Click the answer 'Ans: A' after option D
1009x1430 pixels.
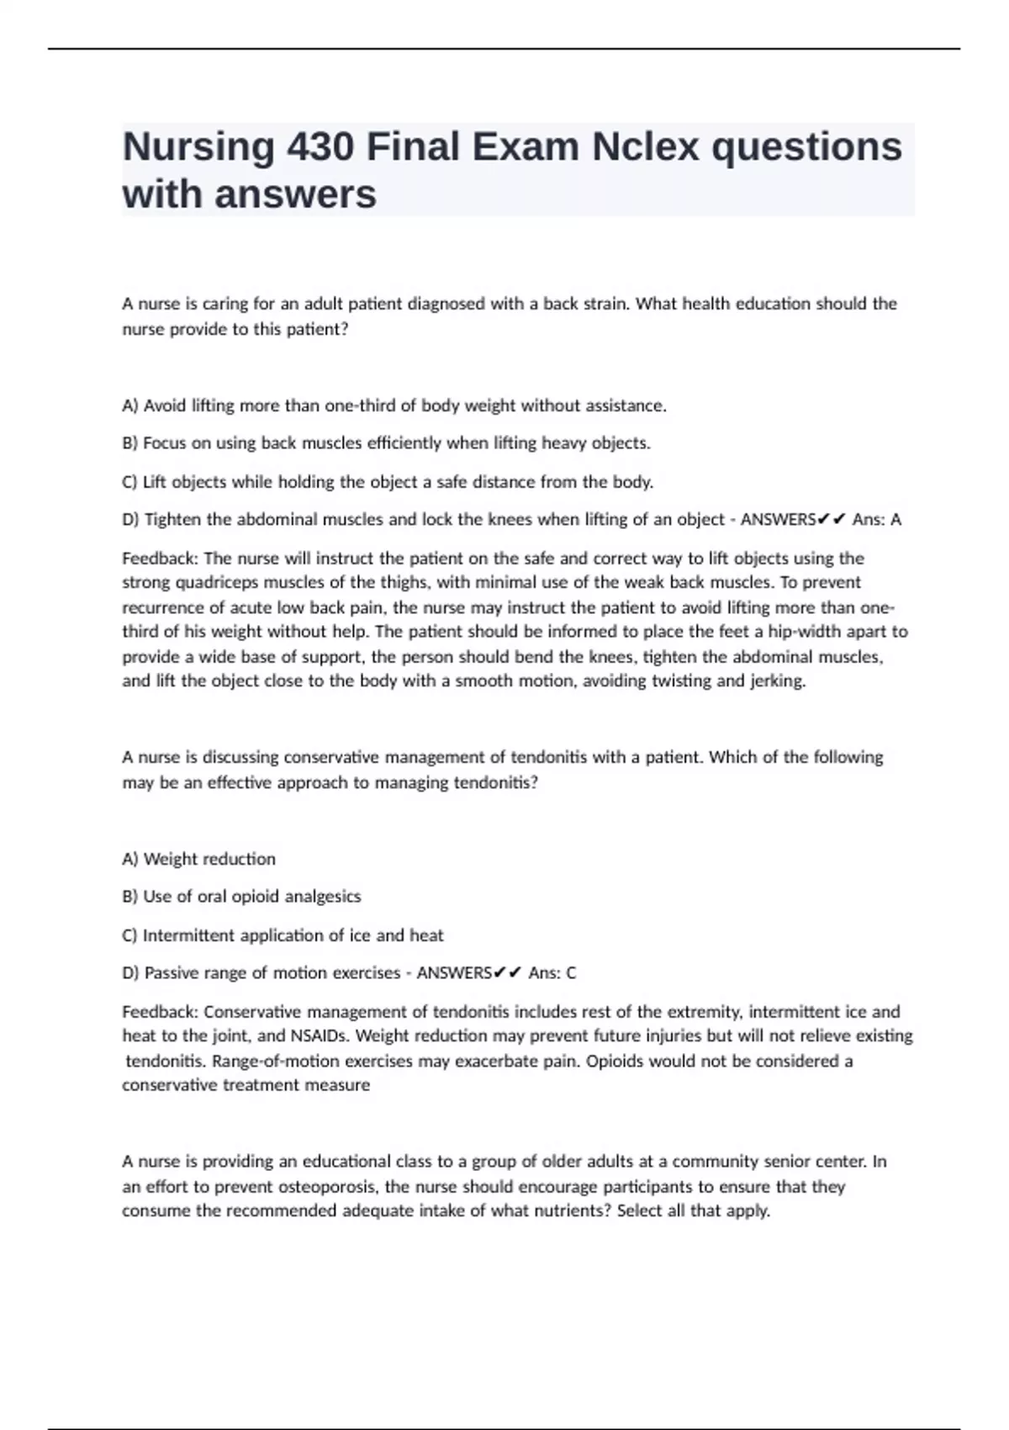tap(876, 520)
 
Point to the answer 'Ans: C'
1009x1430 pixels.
tap(552, 973)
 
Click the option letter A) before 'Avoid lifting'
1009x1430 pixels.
tap(130, 406)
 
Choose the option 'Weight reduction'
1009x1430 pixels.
tap(209, 859)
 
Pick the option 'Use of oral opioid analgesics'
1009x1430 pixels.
tap(251, 897)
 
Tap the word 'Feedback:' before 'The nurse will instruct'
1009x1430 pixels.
tap(160, 559)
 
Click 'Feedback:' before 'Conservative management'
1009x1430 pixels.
tap(160, 1012)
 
